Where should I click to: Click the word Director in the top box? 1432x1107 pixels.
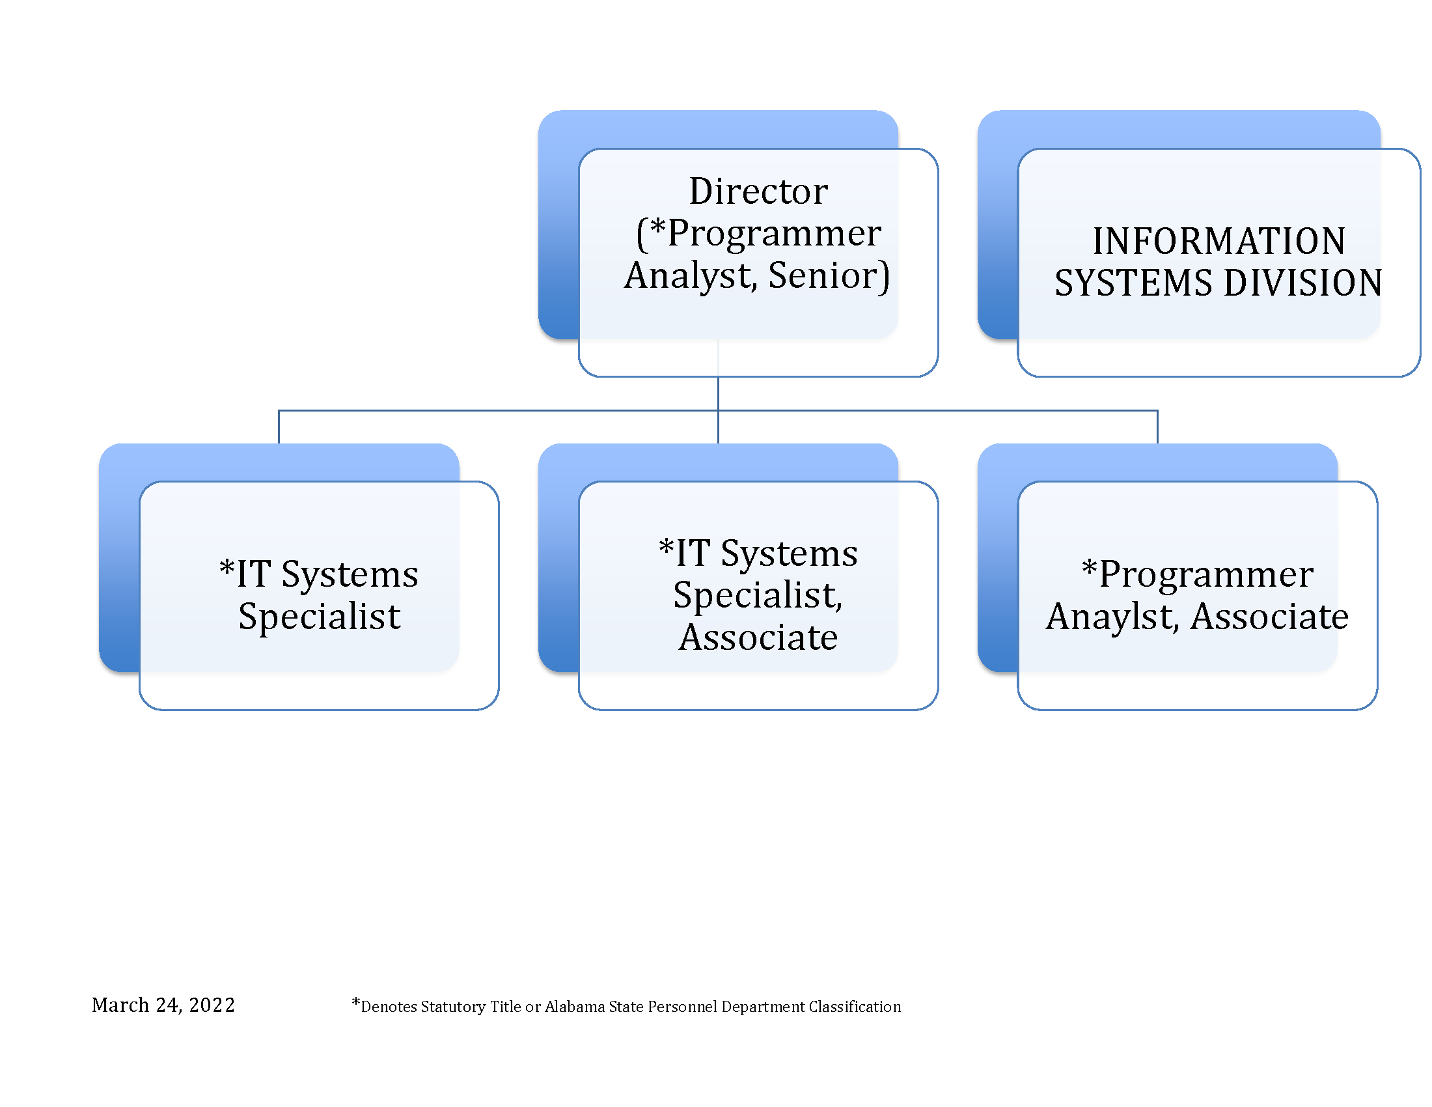tap(758, 191)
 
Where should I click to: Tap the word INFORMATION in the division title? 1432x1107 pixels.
tap(1219, 242)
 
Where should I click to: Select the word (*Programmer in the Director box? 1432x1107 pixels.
tap(758, 234)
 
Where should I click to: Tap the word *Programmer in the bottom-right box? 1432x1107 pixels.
tap(1196, 575)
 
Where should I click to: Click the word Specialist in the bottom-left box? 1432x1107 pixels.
tap(320, 617)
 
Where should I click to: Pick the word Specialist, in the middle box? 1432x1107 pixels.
tap(758, 596)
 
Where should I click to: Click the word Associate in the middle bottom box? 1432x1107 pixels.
tap(758, 638)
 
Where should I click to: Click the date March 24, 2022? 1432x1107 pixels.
tap(163, 1005)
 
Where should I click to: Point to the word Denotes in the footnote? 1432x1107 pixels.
tap(390, 1007)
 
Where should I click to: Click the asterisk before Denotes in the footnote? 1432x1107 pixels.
tap(356, 1002)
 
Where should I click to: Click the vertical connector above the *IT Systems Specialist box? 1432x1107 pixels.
tap(279, 427)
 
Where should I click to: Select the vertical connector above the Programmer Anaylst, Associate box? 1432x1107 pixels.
tap(1157, 427)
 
